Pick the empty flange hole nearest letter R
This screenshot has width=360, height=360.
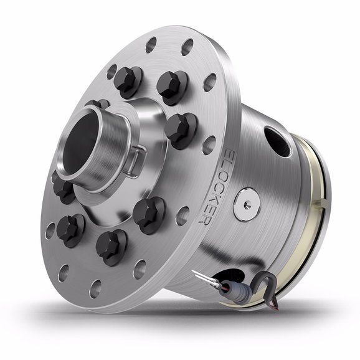[182, 216]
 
